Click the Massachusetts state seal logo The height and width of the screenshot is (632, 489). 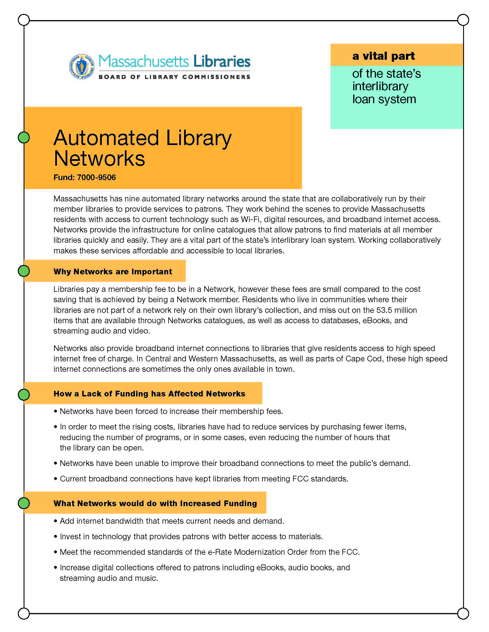82,67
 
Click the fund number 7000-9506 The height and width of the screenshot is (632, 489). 96,177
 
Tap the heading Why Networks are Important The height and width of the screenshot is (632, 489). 113,271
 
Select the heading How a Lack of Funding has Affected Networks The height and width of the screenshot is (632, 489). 149,394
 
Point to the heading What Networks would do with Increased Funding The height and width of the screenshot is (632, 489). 155,503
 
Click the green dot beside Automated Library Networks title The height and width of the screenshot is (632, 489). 24,137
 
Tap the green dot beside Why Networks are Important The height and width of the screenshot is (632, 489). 24,271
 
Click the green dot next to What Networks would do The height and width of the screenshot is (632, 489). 24,503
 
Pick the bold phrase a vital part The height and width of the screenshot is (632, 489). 383,56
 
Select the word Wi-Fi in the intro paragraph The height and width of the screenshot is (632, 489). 250,219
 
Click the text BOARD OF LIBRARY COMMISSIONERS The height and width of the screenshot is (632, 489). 174,77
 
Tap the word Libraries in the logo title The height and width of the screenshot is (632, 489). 221,61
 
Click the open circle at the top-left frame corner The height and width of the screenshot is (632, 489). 24,20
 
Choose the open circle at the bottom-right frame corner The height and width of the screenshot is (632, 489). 463,613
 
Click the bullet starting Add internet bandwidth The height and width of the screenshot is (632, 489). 172,521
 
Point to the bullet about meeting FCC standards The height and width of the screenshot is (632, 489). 204,479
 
